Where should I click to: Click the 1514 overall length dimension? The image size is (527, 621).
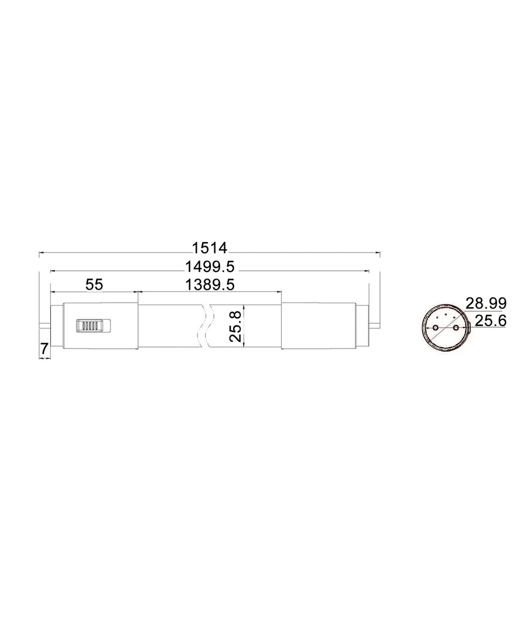point(210,248)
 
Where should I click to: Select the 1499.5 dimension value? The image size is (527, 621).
point(210,267)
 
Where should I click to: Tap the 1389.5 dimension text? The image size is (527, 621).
point(210,284)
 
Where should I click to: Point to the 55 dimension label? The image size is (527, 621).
point(94,284)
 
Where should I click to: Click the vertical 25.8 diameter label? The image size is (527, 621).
point(235,327)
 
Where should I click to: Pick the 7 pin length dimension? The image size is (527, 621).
point(44,349)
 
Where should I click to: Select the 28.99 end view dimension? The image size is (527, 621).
point(486,303)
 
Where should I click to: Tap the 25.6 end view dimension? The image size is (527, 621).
point(490,321)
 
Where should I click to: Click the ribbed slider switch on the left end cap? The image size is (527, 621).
point(93,325)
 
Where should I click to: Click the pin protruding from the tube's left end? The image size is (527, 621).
point(45,325)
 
